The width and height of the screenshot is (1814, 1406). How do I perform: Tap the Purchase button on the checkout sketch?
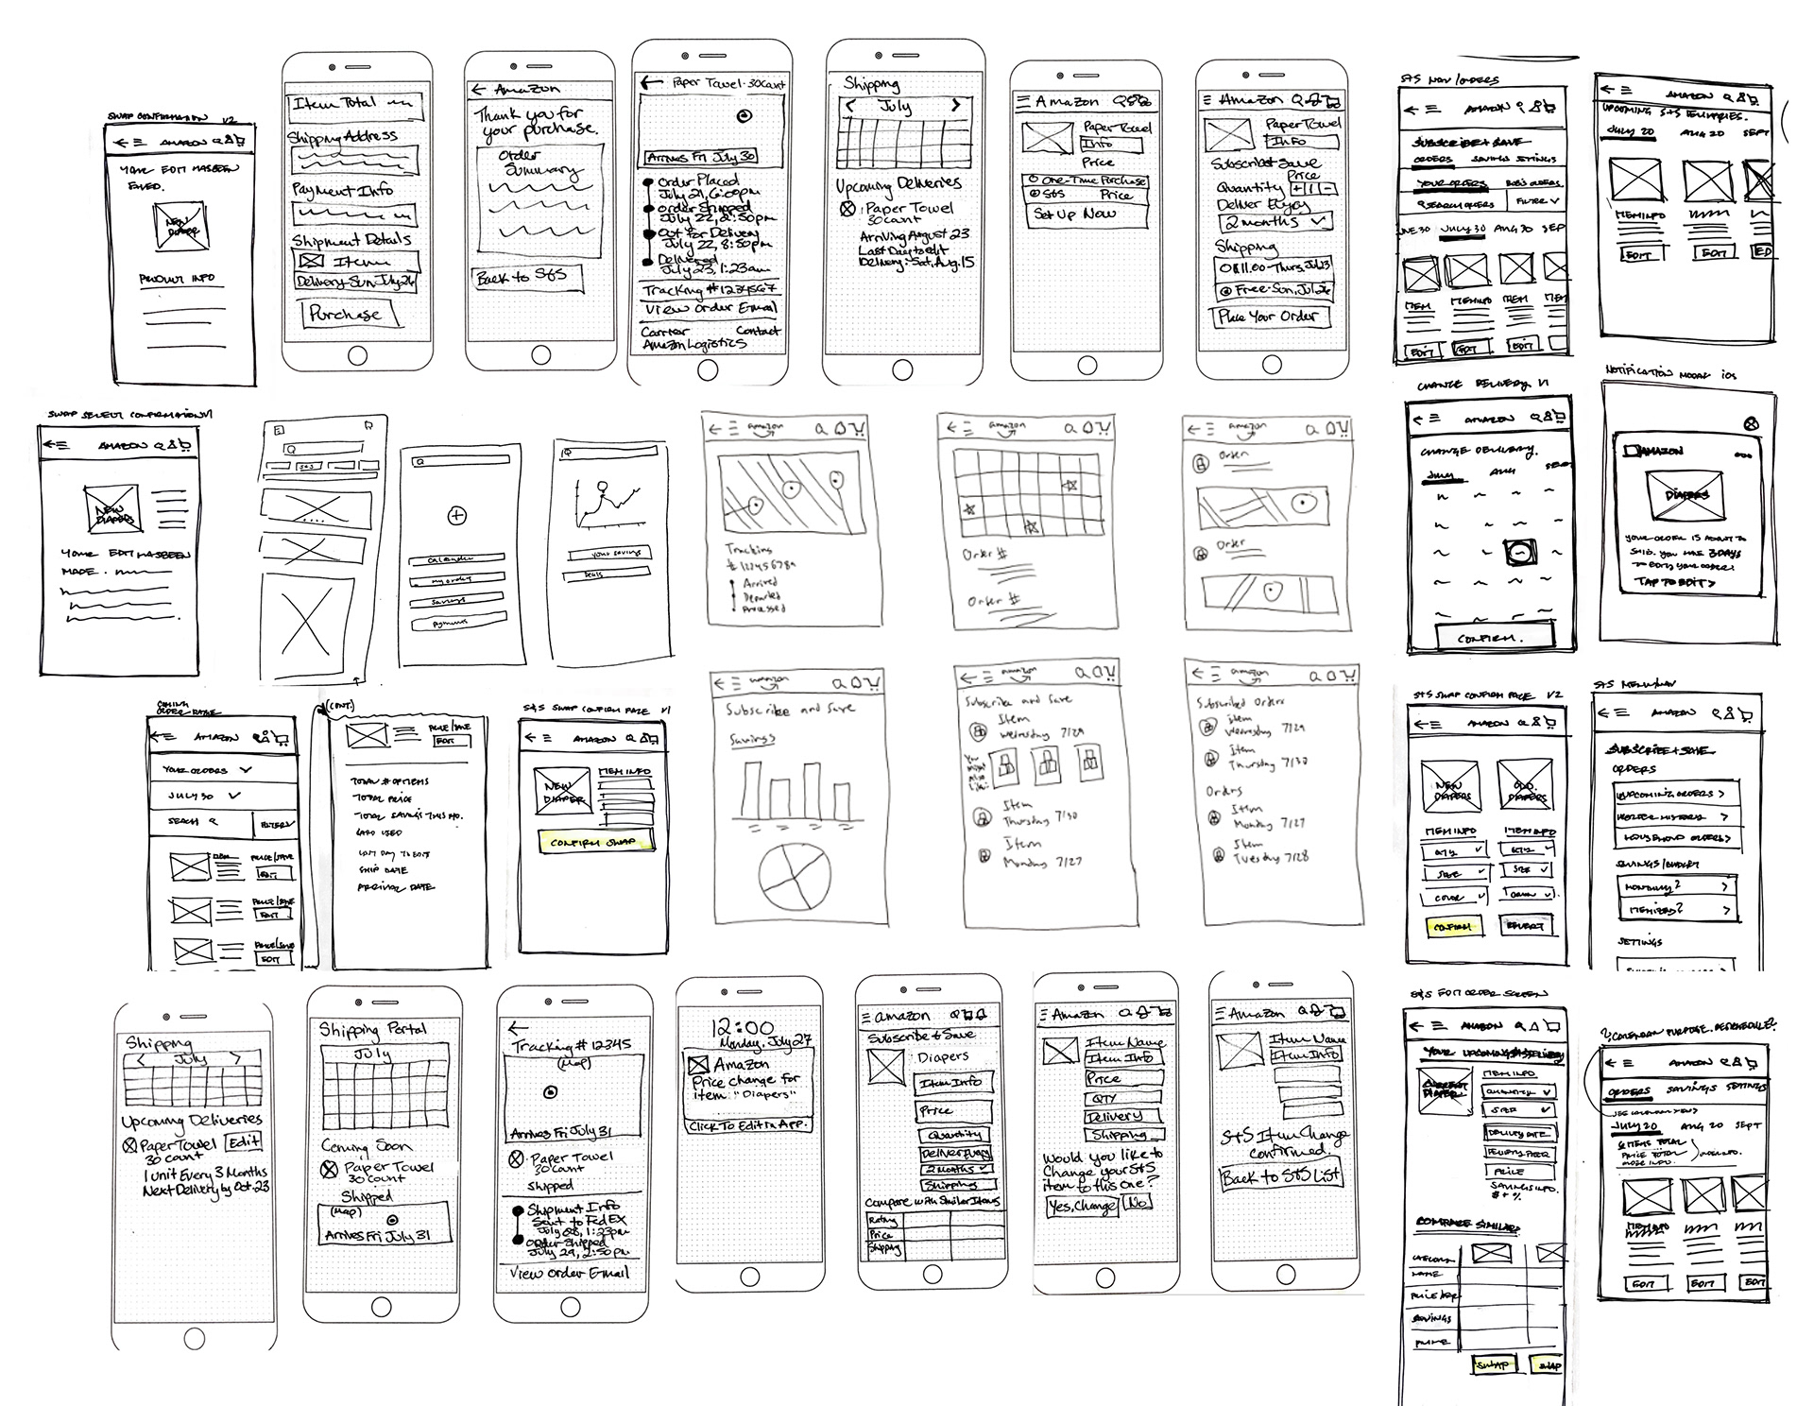345,314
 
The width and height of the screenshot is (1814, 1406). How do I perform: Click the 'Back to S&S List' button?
1282,1177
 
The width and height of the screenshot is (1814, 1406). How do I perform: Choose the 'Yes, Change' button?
1082,1206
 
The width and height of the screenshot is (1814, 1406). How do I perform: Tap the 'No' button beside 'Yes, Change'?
1138,1204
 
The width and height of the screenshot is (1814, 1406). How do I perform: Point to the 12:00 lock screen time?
743,1029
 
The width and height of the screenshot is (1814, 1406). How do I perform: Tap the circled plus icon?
457,516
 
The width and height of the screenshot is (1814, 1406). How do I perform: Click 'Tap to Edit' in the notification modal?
1675,583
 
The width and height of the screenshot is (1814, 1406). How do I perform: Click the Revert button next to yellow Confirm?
1524,926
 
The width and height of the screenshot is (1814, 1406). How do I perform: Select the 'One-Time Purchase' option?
1087,180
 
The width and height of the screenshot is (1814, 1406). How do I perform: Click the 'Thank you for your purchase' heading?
535,122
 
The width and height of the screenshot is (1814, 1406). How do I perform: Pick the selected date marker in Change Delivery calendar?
1520,552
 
